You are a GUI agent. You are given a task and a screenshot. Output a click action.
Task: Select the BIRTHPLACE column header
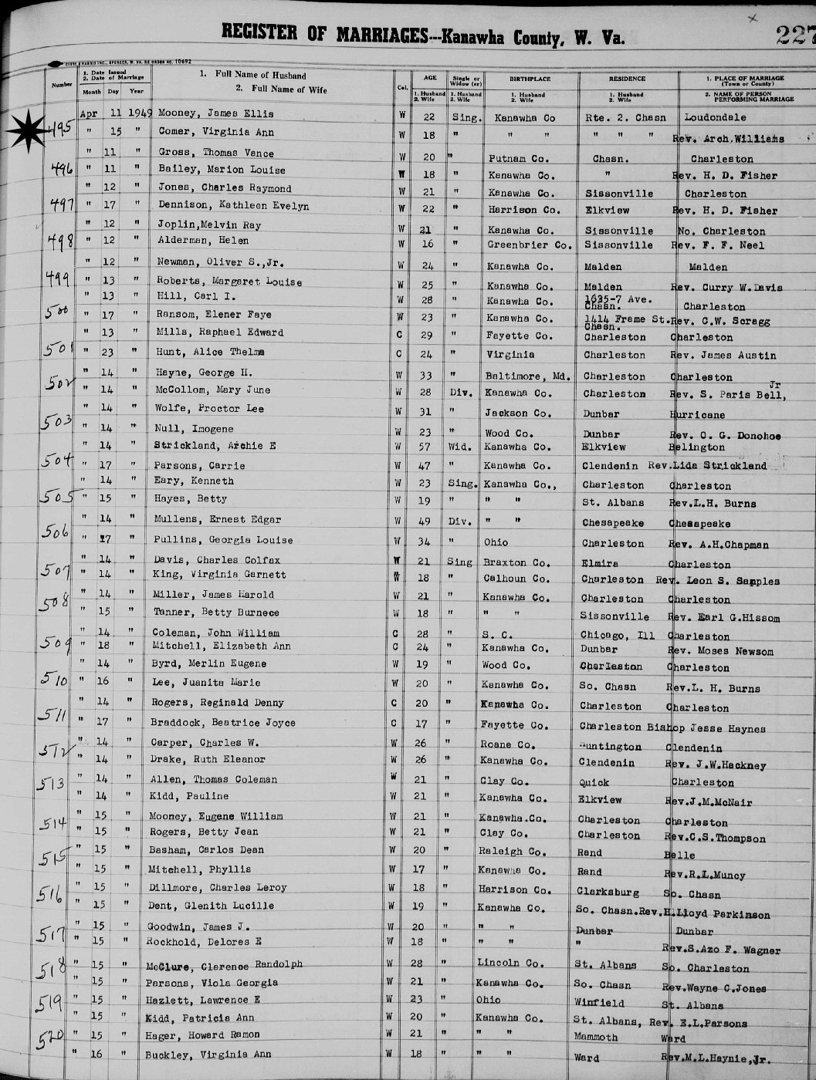point(530,79)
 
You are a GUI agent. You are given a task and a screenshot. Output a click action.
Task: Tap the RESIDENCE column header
point(626,79)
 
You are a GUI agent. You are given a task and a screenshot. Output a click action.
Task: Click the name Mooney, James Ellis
point(215,113)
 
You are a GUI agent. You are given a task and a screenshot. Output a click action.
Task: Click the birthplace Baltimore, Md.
point(528,376)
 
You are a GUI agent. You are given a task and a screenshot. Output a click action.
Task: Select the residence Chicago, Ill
point(618,636)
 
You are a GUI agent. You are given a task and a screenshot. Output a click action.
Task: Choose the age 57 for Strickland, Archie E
point(428,447)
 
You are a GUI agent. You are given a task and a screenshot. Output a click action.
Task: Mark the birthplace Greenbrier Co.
point(530,245)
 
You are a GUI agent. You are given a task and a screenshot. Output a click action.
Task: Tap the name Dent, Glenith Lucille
point(211,906)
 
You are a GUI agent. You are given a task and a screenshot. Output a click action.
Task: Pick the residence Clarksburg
point(608,892)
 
